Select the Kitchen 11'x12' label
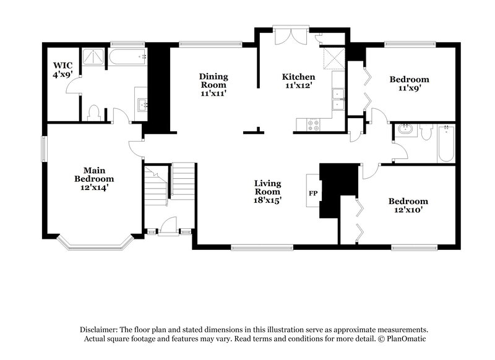294,81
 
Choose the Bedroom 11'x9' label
409,84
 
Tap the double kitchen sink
338,98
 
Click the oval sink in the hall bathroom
406,130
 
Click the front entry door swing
167,224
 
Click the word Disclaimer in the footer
99,330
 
